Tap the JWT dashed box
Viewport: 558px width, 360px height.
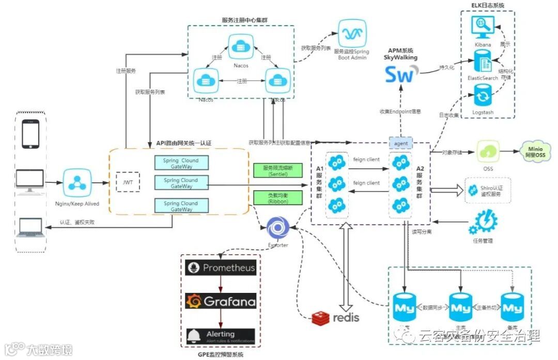click(128, 182)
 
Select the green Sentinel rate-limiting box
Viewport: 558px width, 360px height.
click(278, 171)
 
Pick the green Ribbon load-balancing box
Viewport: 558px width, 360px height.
click(278, 198)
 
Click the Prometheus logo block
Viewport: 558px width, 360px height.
click(221, 268)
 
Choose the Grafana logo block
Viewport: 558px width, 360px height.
click(221, 301)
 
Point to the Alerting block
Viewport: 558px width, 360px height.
click(221, 336)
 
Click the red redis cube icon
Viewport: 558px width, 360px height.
click(321, 318)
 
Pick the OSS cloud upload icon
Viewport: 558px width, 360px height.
click(489, 151)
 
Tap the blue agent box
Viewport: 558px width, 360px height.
click(401, 143)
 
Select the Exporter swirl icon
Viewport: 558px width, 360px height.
click(277, 228)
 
